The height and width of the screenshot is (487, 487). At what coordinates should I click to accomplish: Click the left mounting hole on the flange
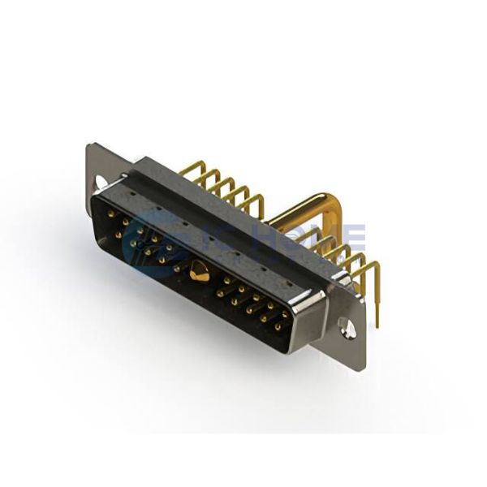pyautogui.click(x=101, y=183)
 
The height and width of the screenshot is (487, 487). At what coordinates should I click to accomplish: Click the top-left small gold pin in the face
pyautogui.click(x=111, y=215)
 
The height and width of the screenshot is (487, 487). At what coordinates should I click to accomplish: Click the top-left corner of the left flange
pyautogui.click(x=88, y=146)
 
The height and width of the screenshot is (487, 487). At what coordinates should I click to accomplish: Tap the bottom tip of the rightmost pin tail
pyautogui.click(x=377, y=326)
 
